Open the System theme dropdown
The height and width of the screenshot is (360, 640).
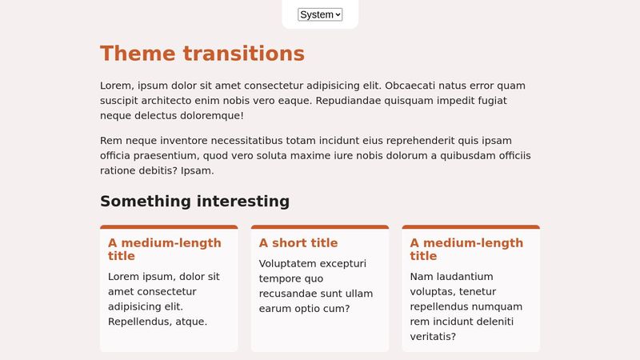click(x=320, y=14)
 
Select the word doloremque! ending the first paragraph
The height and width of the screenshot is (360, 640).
click(x=210, y=116)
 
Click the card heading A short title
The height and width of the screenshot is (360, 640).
click(x=298, y=243)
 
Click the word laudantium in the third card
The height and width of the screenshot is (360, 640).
click(x=465, y=277)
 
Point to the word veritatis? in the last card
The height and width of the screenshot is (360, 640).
click(x=433, y=337)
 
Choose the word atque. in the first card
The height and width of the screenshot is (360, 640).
click(x=191, y=322)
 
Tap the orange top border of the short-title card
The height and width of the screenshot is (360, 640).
click(x=320, y=227)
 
